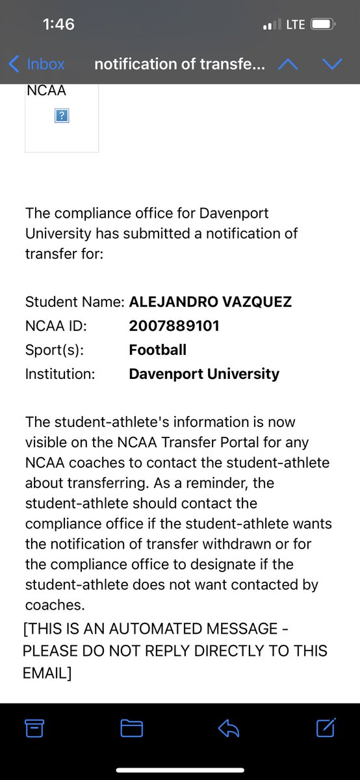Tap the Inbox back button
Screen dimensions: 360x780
point(37,64)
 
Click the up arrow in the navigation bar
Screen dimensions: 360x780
point(288,64)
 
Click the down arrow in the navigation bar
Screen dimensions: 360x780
point(331,64)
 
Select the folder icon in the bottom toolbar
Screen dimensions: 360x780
point(131,729)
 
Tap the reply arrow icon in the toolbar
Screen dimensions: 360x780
point(229,729)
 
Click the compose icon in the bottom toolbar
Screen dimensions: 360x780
point(326,728)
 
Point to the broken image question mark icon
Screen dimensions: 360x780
point(62,116)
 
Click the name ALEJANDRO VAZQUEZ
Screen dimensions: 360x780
point(210,302)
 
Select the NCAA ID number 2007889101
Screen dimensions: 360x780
point(174,326)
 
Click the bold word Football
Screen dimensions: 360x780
point(158,350)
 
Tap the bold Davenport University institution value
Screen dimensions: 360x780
point(204,374)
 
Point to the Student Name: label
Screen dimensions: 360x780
point(75,302)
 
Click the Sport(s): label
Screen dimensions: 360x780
point(55,350)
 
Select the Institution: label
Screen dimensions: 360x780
point(60,374)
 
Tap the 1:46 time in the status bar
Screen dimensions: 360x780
point(58,25)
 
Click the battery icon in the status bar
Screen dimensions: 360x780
point(323,25)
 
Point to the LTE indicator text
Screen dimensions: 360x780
point(295,25)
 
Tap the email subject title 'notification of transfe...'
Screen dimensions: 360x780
point(179,64)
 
